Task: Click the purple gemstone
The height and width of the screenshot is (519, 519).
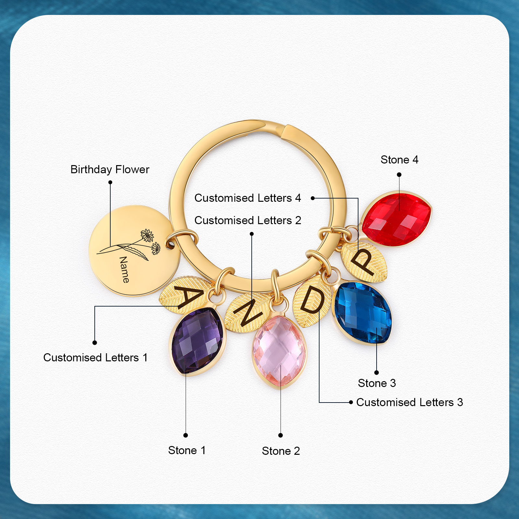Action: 197,341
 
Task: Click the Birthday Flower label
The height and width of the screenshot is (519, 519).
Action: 110,170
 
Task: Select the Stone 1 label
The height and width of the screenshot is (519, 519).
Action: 187,451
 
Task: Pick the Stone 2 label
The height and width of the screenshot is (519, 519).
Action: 281,451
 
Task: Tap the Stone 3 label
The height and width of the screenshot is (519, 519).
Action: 377,383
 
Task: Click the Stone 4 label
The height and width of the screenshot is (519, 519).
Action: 399,160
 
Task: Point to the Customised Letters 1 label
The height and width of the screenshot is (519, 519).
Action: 95,358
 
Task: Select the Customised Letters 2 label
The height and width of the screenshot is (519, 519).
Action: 248,221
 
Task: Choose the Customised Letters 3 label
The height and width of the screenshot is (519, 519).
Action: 410,403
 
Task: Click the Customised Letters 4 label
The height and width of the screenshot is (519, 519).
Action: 248,198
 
